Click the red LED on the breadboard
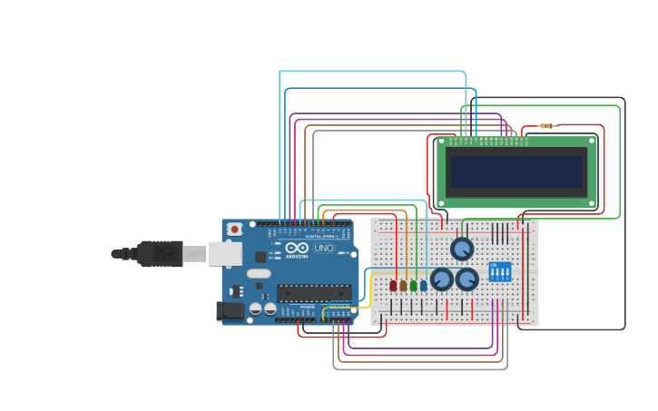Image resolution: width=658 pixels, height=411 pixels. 393,285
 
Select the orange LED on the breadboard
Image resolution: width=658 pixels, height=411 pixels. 403,285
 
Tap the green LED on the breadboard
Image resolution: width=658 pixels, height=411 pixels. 413,285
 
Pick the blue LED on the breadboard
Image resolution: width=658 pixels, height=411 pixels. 423,285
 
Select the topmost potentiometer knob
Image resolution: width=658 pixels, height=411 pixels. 462,249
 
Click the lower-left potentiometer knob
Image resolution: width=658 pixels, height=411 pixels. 442,279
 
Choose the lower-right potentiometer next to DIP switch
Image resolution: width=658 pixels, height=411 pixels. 467,279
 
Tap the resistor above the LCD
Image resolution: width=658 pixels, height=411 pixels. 546,126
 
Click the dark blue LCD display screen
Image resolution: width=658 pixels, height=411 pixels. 516,171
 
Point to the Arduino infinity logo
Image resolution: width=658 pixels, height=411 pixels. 297,248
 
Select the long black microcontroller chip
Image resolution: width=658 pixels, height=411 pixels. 314,292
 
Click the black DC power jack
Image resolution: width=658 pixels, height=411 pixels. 231,311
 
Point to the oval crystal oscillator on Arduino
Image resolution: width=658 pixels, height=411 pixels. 259,273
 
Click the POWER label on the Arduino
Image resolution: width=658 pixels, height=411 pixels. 308,307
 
